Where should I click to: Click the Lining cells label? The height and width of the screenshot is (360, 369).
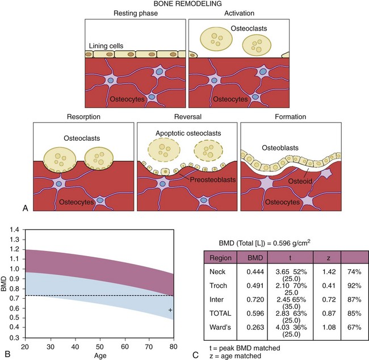tap(107, 45)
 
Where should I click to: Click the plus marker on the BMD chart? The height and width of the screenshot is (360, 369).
tap(170, 310)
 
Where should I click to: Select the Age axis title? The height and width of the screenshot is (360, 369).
tap(99, 355)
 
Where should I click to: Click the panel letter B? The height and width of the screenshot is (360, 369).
tap(7, 355)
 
